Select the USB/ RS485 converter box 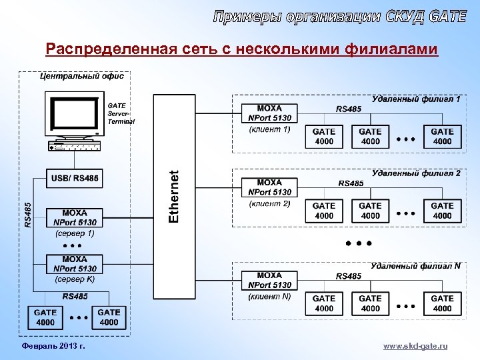click(x=75, y=178)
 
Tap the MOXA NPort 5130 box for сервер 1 click(x=75, y=217)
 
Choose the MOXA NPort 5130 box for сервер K click(x=75, y=264)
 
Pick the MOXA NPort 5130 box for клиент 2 click(x=269, y=187)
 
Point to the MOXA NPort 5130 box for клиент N click(x=269, y=280)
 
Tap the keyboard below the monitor click(x=74, y=146)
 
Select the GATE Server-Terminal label click(x=121, y=113)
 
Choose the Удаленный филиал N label click(x=415, y=265)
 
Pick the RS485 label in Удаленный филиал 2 click(x=351, y=183)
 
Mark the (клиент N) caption click(x=269, y=296)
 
